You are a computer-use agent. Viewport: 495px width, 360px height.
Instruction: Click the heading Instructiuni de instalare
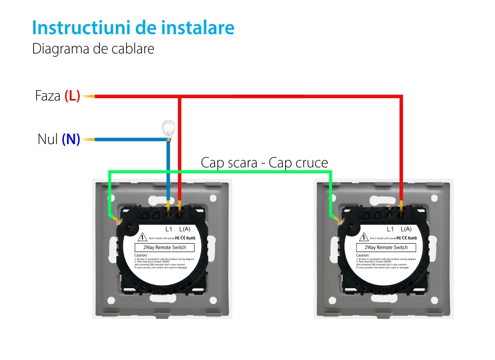click(x=133, y=28)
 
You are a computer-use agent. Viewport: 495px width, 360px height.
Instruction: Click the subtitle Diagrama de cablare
click(x=93, y=50)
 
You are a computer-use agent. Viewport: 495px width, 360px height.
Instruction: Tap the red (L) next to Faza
click(x=72, y=96)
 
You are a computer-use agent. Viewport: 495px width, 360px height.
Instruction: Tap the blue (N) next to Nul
click(x=71, y=140)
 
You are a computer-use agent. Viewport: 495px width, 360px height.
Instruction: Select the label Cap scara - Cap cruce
click(x=264, y=163)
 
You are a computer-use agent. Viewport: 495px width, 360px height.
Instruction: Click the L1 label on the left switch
click(x=168, y=229)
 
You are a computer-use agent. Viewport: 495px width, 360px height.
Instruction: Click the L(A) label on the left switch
click(x=185, y=229)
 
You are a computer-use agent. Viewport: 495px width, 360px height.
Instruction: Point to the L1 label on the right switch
click(x=390, y=229)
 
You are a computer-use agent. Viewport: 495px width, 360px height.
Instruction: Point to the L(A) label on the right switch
click(x=406, y=229)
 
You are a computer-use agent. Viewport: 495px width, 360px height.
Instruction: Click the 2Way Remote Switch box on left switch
click(x=165, y=248)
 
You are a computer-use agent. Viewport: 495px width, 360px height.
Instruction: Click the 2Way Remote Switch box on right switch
click(x=386, y=248)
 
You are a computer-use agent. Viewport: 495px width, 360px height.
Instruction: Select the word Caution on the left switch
click(x=141, y=256)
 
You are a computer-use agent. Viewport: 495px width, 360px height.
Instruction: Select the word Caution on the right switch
click(x=363, y=256)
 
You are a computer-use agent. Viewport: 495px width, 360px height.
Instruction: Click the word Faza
click(x=48, y=96)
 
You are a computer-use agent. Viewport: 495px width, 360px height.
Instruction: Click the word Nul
click(x=48, y=140)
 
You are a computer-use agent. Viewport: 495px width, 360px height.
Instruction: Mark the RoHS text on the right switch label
click(x=411, y=238)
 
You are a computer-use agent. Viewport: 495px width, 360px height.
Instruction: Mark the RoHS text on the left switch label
click(x=190, y=238)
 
